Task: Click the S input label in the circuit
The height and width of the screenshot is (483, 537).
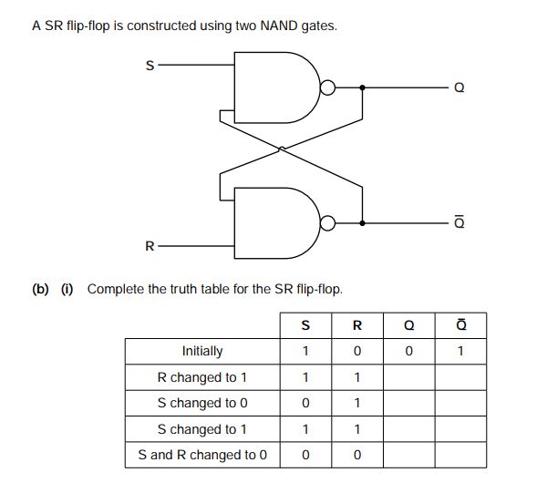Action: (x=150, y=67)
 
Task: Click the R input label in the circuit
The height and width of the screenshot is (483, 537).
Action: (x=150, y=246)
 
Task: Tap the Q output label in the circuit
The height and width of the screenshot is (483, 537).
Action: (x=459, y=88)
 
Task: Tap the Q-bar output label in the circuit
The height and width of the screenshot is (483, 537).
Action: (x=459, y=222)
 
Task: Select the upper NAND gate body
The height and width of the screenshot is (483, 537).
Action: (x=274, y=87)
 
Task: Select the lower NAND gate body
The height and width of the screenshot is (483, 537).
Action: (x=274, y=222)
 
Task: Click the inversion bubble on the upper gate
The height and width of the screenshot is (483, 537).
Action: (x=326, y=88)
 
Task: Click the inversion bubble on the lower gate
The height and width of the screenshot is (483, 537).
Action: (x=326, y=222)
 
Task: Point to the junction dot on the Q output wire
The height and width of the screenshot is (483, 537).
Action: (x=363, y=88)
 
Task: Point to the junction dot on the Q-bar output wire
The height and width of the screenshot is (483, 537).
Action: (x=363, y=222)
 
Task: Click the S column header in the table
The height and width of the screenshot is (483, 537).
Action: (x=305, y=325)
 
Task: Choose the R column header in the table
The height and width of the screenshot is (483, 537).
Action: (x=356, y=325)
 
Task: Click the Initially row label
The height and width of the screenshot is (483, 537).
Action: (x=202, y=351)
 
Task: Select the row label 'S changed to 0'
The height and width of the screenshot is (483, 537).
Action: (x=202, y=403)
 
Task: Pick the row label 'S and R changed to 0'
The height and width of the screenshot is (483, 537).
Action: (x=202, y=455)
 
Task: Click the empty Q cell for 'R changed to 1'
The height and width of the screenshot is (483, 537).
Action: (x=408, y=377)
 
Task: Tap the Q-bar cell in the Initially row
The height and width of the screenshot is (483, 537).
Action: (x=460, y=351)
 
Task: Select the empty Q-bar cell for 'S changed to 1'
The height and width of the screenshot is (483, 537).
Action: (x=460, y=429)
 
